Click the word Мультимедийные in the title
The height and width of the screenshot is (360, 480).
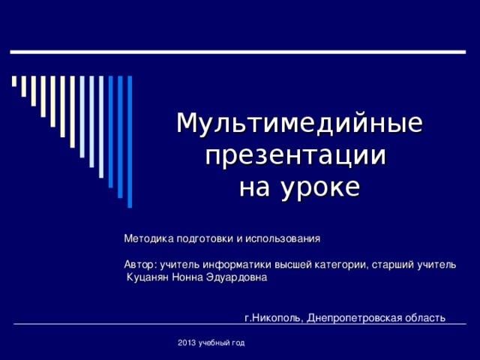pyautogui.click(x=298, y=123)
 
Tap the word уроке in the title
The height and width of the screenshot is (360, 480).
pyautogui.click(x=319, y=187)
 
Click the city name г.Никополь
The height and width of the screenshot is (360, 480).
pyautogui.click(x=274, y=317)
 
